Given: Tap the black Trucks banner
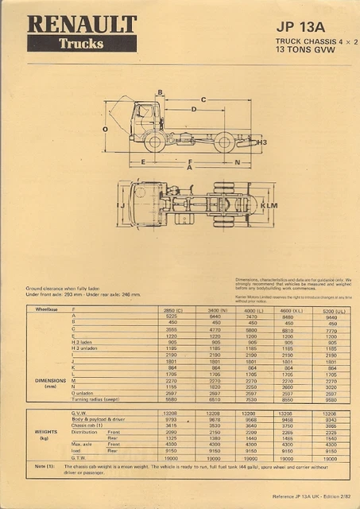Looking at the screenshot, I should point(81,44).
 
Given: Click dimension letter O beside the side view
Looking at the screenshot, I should point(105,128).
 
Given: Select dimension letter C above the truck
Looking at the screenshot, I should point(204,99).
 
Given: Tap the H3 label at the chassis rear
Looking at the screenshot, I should point(262,142).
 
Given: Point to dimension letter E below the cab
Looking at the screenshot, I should point(142,161).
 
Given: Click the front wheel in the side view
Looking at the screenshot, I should point(154,143).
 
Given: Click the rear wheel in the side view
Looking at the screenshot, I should point(225,143).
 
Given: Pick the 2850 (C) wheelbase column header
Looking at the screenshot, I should point(173,309).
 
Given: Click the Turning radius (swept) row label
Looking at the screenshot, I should point(95,399).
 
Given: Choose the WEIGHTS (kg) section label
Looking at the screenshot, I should point(45,436).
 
